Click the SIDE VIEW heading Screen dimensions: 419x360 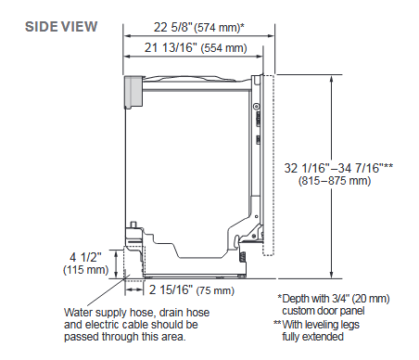tap(61, 27)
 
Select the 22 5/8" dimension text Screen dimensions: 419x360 tap(173, 27)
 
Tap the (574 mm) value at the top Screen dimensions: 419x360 tap(218, 28)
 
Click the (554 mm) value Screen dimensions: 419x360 tap(224, 48)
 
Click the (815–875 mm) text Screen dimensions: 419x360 tap(335, 180)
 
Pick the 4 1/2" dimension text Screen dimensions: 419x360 tap(85, 257)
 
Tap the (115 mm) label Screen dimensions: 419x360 tap(86, 270)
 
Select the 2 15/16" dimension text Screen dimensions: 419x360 tap(171, 289)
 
